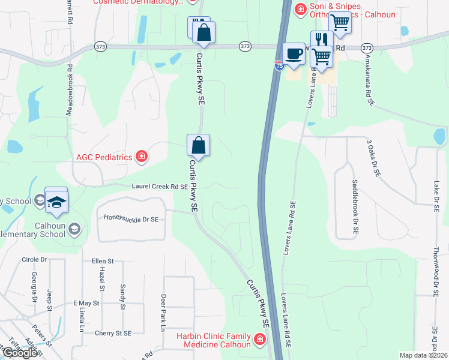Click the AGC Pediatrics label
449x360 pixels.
103,157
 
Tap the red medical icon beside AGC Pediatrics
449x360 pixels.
142,157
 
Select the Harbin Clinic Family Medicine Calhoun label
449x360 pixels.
214,340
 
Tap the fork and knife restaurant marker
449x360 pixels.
322,39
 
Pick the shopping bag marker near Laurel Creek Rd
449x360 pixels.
198,145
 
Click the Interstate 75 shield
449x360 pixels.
279,65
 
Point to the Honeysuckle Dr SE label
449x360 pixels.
131,220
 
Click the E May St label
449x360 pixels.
85,304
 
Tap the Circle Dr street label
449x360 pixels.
34,260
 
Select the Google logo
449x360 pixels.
20,352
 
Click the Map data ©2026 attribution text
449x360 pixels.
423,355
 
